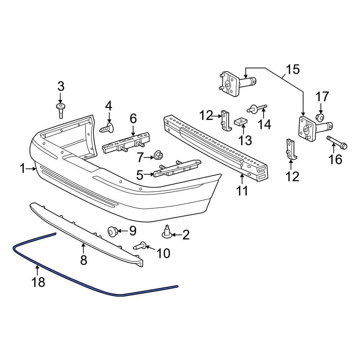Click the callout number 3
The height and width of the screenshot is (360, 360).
click(61, 86)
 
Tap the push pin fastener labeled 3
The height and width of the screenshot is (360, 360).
click(60, 111)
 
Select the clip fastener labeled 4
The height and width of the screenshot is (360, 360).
click(107, 128)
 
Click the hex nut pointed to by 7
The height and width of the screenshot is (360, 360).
click(158, 155)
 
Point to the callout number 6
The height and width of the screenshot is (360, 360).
click(133, 119)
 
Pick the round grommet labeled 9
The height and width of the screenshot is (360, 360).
click(113, 231)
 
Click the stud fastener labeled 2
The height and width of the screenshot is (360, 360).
click(167, 232)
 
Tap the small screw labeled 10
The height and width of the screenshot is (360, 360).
click(140, 246)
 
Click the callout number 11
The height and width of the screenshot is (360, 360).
click(242, 190)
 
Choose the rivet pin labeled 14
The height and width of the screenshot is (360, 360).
click(257, 108)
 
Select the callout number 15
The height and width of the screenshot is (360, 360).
click(293, 69)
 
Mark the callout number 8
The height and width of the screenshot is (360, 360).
click(84, 260)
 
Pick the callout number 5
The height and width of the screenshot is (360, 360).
click(140, 175)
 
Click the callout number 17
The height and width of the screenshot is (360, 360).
click(322, 97)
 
